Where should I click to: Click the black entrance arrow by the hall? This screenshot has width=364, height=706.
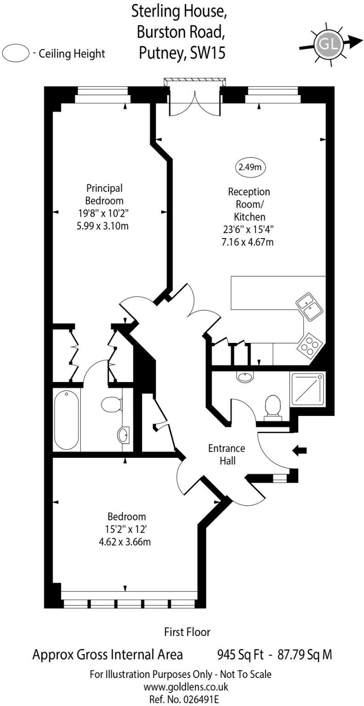(x=300, y=451)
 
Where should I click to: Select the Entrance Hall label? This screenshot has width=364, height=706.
(x=226, y=454)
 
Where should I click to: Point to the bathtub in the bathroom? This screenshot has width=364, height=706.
(x=67, y=420)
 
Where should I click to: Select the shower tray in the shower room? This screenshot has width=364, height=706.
(x=307, y=388)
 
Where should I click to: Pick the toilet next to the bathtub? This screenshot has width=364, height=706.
(x=111, y=405)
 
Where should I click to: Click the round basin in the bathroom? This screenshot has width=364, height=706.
(x=123, y=434)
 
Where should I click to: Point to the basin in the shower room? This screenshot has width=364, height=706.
(x=245, y=377)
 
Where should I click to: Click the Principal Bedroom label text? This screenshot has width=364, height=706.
(x=104, y=194)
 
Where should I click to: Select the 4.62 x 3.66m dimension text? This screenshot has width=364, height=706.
(x=125, y=541)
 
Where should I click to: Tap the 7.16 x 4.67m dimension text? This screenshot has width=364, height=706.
(x=248, y=241)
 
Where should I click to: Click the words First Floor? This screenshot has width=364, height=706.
(x=187, y=632)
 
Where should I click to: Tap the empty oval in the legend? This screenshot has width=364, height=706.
(x=16, y=53)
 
